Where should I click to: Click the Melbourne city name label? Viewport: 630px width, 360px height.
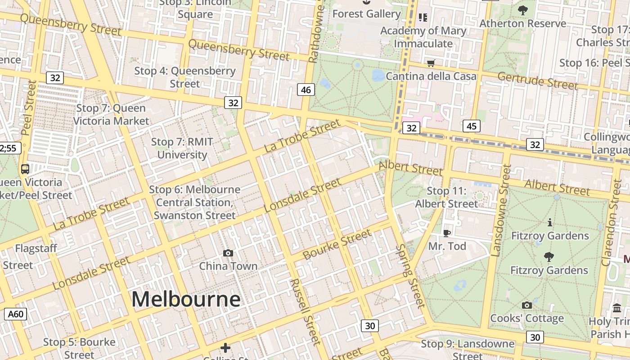click(x=186, y=299)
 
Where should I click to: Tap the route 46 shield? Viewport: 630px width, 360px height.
click(x=306, y=90)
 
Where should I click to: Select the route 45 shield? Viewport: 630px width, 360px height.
click(x=471, y=126)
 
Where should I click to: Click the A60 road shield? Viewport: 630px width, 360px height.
click(x=16, y=314)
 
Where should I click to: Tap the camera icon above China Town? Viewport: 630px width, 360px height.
click(x=228, y=253)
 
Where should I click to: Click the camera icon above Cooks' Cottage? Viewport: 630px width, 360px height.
click(x=526, y=306)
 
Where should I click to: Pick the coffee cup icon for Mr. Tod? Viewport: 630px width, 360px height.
click(x=446, y=233)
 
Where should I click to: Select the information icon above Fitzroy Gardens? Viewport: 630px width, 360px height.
click(x=549, y=222)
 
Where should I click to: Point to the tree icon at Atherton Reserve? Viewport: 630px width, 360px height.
click(x=522, y=10)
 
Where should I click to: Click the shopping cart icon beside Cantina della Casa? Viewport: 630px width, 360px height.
click(x=431, y=63)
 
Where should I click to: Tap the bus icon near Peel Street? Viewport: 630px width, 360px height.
click(x=25, y=169)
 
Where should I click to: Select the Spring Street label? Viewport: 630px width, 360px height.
click(x=410, y=276)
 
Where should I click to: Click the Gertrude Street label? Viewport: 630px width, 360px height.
click(x=537, y=81)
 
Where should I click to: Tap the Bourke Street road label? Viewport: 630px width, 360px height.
click(x=337, y=245)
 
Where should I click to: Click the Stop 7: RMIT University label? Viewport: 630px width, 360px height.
click(x=182, y=148)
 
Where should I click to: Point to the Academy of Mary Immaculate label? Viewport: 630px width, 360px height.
click(x=423, y=37)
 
